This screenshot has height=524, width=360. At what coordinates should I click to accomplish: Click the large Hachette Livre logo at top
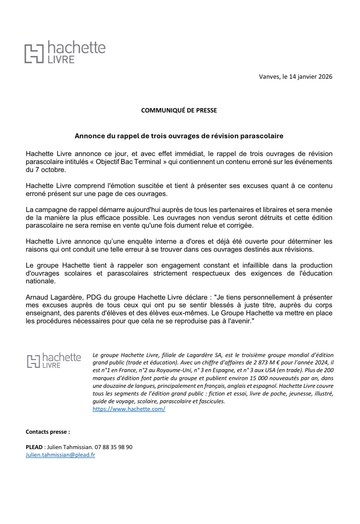(x=65, y=52)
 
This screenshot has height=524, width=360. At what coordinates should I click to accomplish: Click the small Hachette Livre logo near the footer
(x=54, y=360)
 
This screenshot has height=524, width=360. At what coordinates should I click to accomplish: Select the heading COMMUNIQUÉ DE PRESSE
(x=179, y=110)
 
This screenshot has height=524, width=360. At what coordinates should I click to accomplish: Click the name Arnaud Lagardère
(x=48, y=297)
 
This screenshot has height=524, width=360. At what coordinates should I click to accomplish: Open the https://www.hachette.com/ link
(x=129, y=409)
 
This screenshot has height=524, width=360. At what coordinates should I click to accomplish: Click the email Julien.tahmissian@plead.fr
(x=60, y=455)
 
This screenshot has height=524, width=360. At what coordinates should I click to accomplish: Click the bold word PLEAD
(x=34, y=447)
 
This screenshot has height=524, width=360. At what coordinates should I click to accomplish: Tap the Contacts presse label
(x=48, y=432)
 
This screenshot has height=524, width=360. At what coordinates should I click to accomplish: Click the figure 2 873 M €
(x=265, y=363)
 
